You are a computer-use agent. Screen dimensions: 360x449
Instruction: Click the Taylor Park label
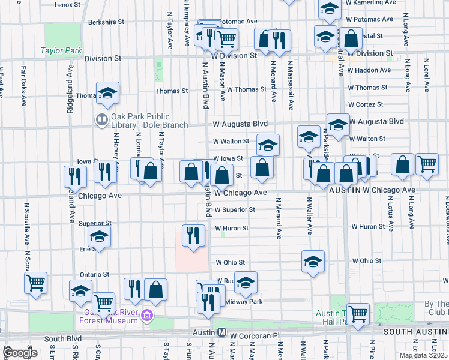tap(61, 51)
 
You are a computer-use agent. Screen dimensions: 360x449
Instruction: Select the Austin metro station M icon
tap(221, 332)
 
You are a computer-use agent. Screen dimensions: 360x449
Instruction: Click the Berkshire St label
tap(106, 22)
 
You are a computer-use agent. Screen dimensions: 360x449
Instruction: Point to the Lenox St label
tap(67, 5)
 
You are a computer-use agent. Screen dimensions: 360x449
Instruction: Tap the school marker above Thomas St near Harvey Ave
tap(108, 92)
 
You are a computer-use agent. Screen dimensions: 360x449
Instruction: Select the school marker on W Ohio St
tap(313, 262)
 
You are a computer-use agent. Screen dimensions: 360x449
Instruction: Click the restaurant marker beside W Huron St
tap(192, 235)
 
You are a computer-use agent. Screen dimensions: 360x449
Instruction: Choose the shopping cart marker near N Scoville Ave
tap(36, 283)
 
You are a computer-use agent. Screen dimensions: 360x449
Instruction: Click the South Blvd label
tap(62, 339)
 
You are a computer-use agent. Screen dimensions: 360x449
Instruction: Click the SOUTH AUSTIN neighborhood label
tap(415, 331)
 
